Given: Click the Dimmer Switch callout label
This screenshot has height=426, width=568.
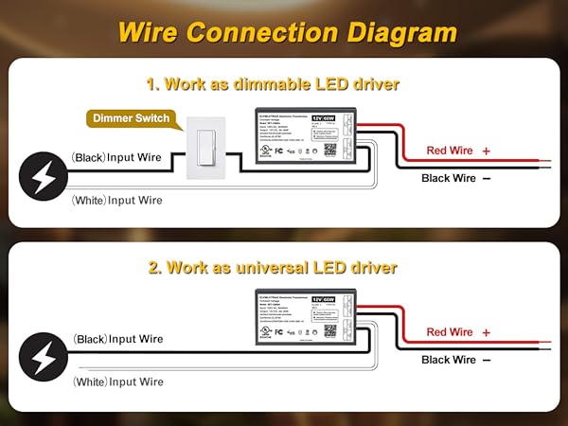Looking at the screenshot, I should (x=132, y=118).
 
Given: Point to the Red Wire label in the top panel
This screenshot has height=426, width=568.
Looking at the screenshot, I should (x=451, y=151).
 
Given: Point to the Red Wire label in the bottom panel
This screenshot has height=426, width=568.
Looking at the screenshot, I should (x=451, y=332).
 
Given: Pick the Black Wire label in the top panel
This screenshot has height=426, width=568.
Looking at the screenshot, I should (x=449, y=178).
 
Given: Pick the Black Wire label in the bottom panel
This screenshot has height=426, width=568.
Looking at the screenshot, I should (x=449, y=360).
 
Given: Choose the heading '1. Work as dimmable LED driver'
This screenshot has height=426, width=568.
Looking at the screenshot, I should (x=273, y=84).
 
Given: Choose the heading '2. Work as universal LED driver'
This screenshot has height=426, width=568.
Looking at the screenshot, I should (x=273, y=268).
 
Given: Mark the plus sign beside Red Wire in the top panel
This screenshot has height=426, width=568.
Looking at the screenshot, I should (x=487, y=151).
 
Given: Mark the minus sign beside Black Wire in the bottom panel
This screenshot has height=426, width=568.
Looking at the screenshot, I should (x=487, y=361).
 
